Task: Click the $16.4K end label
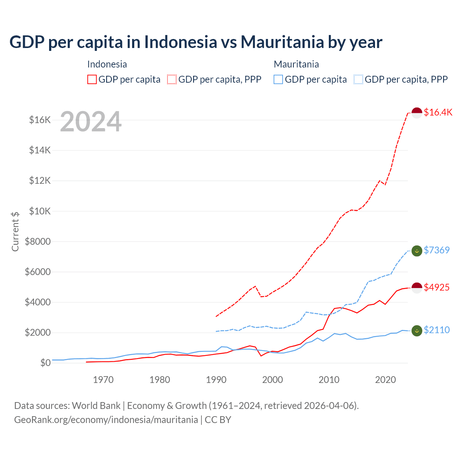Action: point(438,112)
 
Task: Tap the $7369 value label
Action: point(436,250)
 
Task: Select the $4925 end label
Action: point(436,287)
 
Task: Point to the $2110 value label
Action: point(436,330)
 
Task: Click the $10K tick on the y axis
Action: point(40,211)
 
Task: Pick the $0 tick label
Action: point(45,363)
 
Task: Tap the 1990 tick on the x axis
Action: point(216,380)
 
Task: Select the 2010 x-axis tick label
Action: point(329,380)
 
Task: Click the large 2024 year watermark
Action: point(91,122)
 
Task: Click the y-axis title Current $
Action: point(15,231)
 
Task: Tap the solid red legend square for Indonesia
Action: point(92,79)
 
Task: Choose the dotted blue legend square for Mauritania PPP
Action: point(358,79)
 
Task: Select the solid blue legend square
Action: point(278,79)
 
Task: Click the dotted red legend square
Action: point(172,79)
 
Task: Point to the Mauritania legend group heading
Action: point(296,64)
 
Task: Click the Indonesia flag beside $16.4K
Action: point(417,113)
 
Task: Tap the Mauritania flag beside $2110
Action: point(417,330)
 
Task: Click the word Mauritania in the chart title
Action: point(282,42)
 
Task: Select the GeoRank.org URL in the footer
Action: point(106,420)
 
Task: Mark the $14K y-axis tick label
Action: point(40,150)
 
